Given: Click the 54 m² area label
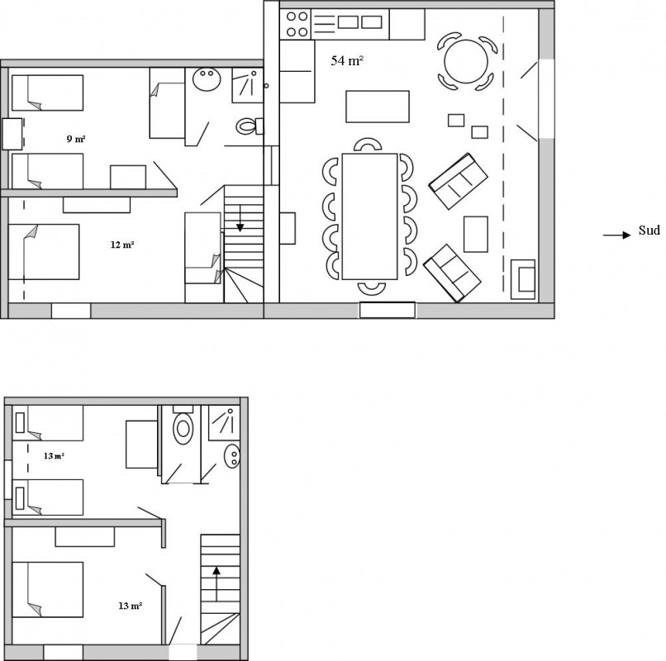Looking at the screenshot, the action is [347, 61].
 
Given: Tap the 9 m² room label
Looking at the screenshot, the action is [76, 139].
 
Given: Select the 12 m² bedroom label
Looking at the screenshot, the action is [122, 245].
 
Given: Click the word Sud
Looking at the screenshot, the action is [649, 231].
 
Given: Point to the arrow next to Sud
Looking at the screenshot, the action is [616, 235].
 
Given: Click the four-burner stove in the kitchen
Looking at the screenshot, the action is [296, 24].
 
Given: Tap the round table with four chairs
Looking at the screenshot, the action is [466, 61].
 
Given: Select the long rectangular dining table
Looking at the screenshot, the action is [369, 216].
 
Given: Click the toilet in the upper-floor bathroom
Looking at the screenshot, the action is [249, 126].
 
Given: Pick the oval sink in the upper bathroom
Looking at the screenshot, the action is [207, 78].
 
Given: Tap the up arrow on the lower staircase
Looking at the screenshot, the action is [216, 583].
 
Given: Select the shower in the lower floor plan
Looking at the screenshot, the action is [224, 423].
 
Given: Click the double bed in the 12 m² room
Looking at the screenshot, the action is [44, 252].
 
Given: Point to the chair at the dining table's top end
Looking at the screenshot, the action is [368, 145].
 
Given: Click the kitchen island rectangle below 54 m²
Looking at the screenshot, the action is [378, 107].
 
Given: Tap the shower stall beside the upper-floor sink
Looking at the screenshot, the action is [248, 85].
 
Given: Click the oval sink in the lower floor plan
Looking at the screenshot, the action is [232, 456].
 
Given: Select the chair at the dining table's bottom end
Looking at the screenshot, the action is [372, 288].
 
